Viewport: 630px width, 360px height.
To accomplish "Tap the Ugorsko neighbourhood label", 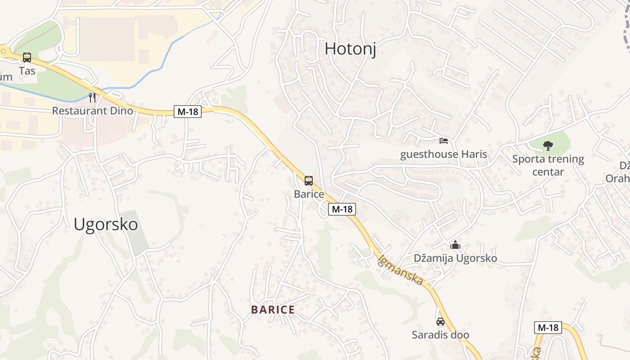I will pyautogui.click(x=106, y=224).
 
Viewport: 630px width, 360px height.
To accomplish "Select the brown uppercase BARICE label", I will pyautogui.click(x=273, y=310).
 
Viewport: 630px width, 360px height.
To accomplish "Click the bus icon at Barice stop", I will pyautogui.click(x=309, y=181).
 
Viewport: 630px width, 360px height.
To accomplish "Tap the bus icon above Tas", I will pyautogui.click(x=27, y=58).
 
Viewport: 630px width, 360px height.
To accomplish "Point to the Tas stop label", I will pyautogui.click(x=27, y=71).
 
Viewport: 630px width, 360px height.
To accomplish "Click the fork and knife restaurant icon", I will pyautogui.click(x=92, y=98).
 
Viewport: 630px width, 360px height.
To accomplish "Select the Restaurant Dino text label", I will pyautogui.click(x=93, y=111).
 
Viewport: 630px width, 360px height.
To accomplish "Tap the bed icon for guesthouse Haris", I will pyautogui.click(x=444, y=141).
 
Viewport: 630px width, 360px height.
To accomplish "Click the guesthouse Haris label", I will pyautogui.click(x=444, y=154).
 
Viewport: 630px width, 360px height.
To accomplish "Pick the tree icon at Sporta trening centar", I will pyautogui.click(x=548, y=145).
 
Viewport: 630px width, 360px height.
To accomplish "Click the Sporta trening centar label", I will pyautogui.click(x=548, y=165).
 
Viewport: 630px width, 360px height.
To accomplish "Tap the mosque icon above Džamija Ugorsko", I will pyautogui.click(x=455, y=245).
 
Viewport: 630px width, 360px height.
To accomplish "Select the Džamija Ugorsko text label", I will pyautogui.click(x=455, y=258).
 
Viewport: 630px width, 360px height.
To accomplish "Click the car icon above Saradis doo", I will pyautogui.click(x=441, y=322).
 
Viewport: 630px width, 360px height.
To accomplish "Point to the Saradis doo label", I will pyautogui.click(x=441, y=335).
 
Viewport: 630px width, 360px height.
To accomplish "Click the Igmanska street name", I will pyautogui.click(x=400, y=270).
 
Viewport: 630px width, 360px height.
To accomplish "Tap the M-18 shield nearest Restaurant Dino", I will pyautogui.click(x=188, y=112).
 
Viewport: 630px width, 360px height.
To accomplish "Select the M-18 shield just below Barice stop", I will pyautogui.click(x=342, y=209).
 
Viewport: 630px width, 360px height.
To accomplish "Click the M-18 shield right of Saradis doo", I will pyautogui.click(x=548, y=328).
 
